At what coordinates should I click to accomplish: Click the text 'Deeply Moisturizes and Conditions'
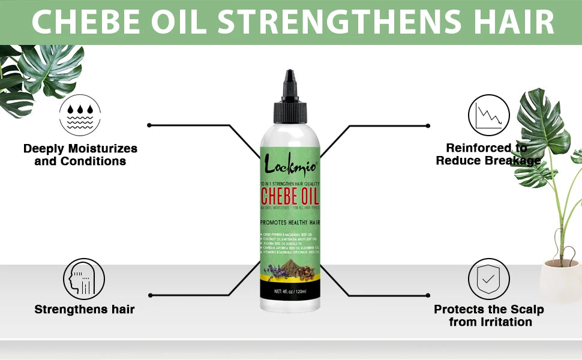[x=80, y=154]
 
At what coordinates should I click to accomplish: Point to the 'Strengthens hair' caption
[x=84, y=310]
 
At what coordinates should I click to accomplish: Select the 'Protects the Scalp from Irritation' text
[x=489, y=316]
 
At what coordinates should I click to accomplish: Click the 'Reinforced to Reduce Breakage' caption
[x=487, y=154]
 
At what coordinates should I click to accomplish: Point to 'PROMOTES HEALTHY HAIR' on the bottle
[x=290, y=222]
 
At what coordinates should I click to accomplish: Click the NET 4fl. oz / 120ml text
[x=290, y=292]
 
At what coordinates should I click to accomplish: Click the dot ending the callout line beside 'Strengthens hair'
[x=149, y=295]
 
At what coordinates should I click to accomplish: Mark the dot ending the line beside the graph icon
[x=428, y=126]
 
